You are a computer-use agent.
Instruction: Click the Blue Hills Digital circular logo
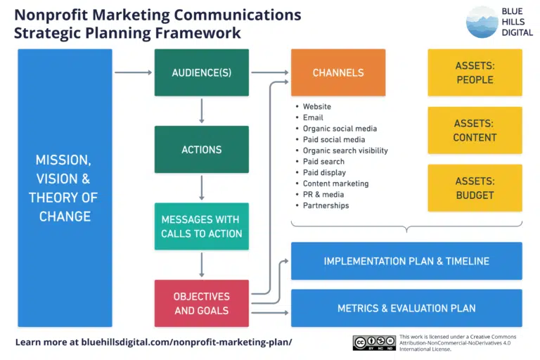pos(482,22)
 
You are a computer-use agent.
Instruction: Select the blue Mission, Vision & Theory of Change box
pos(65,188)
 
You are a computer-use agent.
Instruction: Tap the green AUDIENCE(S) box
pos(202,72)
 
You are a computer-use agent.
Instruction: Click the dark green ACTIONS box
pos(202,150)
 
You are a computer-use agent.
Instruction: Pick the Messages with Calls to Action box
pos(202,226)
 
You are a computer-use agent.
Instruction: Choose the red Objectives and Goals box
pos(202,303)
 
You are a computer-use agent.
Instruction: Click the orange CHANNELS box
pos(338,72)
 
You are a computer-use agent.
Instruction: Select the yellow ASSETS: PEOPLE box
pos(475,72)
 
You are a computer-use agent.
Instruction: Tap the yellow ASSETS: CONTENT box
pos(475,130)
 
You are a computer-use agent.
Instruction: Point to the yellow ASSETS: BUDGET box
pos(475,188)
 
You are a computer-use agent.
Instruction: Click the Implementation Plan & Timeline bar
pos(406,261)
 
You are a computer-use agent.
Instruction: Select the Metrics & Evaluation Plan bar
pos(406,308)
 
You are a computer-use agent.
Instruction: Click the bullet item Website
pos(316,107)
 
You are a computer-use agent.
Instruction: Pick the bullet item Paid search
pos(323,162)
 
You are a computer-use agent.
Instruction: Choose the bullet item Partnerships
pos(326,206)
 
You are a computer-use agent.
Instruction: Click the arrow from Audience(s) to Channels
pos(270,72)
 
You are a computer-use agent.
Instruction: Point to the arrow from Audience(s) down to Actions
pos(202,110)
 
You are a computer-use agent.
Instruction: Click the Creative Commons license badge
pos(374,342)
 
